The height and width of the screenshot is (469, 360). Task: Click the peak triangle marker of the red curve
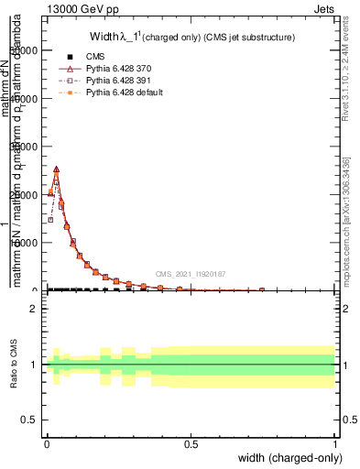point(56,169)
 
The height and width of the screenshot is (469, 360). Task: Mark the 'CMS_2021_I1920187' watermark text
point(190,274)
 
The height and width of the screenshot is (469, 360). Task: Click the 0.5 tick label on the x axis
point(191,444)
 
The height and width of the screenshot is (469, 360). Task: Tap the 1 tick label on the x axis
point(334,444)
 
